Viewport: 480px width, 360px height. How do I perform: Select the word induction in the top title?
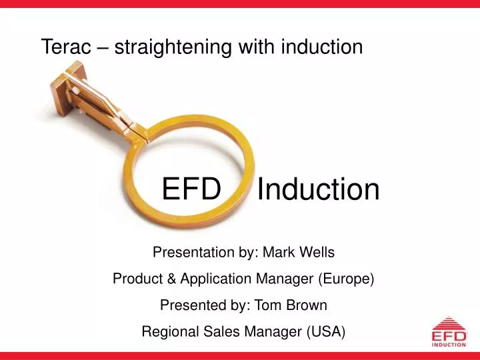(x=322, y=46)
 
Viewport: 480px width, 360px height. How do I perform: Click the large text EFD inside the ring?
(x=191, y=189)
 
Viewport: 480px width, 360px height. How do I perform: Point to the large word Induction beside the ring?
(x=318, y=189)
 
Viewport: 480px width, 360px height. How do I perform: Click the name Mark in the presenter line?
(x=279, y=253)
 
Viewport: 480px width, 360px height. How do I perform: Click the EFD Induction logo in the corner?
(x=448, y=333)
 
